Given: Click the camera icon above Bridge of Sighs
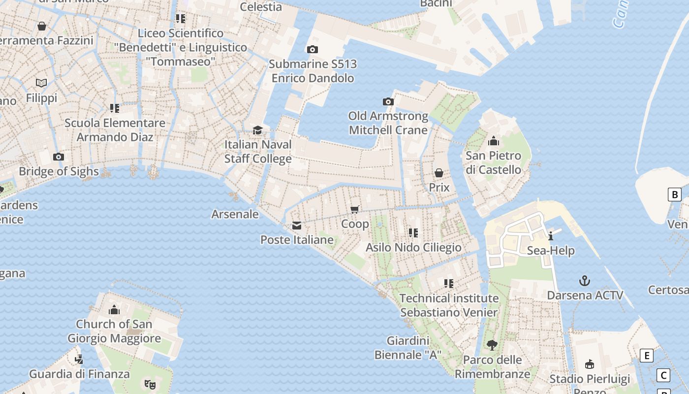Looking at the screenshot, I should [59, 157].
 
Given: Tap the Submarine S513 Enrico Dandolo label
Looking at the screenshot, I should [313, 71].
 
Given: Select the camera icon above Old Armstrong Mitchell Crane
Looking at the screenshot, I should [388, 102].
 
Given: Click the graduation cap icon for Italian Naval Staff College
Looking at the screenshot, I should [257, 131].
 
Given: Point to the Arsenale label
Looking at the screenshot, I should [235, 214].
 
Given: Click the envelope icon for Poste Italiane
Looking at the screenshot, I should [297, 226].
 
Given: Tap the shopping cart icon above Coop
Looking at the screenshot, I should [355, 209].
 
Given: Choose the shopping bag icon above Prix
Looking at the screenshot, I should [438, 173].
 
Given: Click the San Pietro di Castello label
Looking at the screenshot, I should [493, 163].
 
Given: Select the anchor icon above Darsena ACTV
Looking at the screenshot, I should [584, 281].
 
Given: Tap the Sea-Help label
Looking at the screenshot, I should [551, 251].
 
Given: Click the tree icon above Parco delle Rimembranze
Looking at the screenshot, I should [492, 345].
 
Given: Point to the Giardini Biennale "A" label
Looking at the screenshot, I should [408, 348].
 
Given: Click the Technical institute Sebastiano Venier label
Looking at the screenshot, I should [449, 305].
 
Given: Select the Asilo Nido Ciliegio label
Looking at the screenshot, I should [413, 247].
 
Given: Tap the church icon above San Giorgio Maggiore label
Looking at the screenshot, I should [114, 310].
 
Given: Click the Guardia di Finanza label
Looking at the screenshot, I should [79, 374].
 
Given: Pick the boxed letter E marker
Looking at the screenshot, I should [646, 356].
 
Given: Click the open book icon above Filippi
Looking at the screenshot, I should [42, 83].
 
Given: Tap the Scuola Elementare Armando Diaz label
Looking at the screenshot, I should [115, 130].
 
